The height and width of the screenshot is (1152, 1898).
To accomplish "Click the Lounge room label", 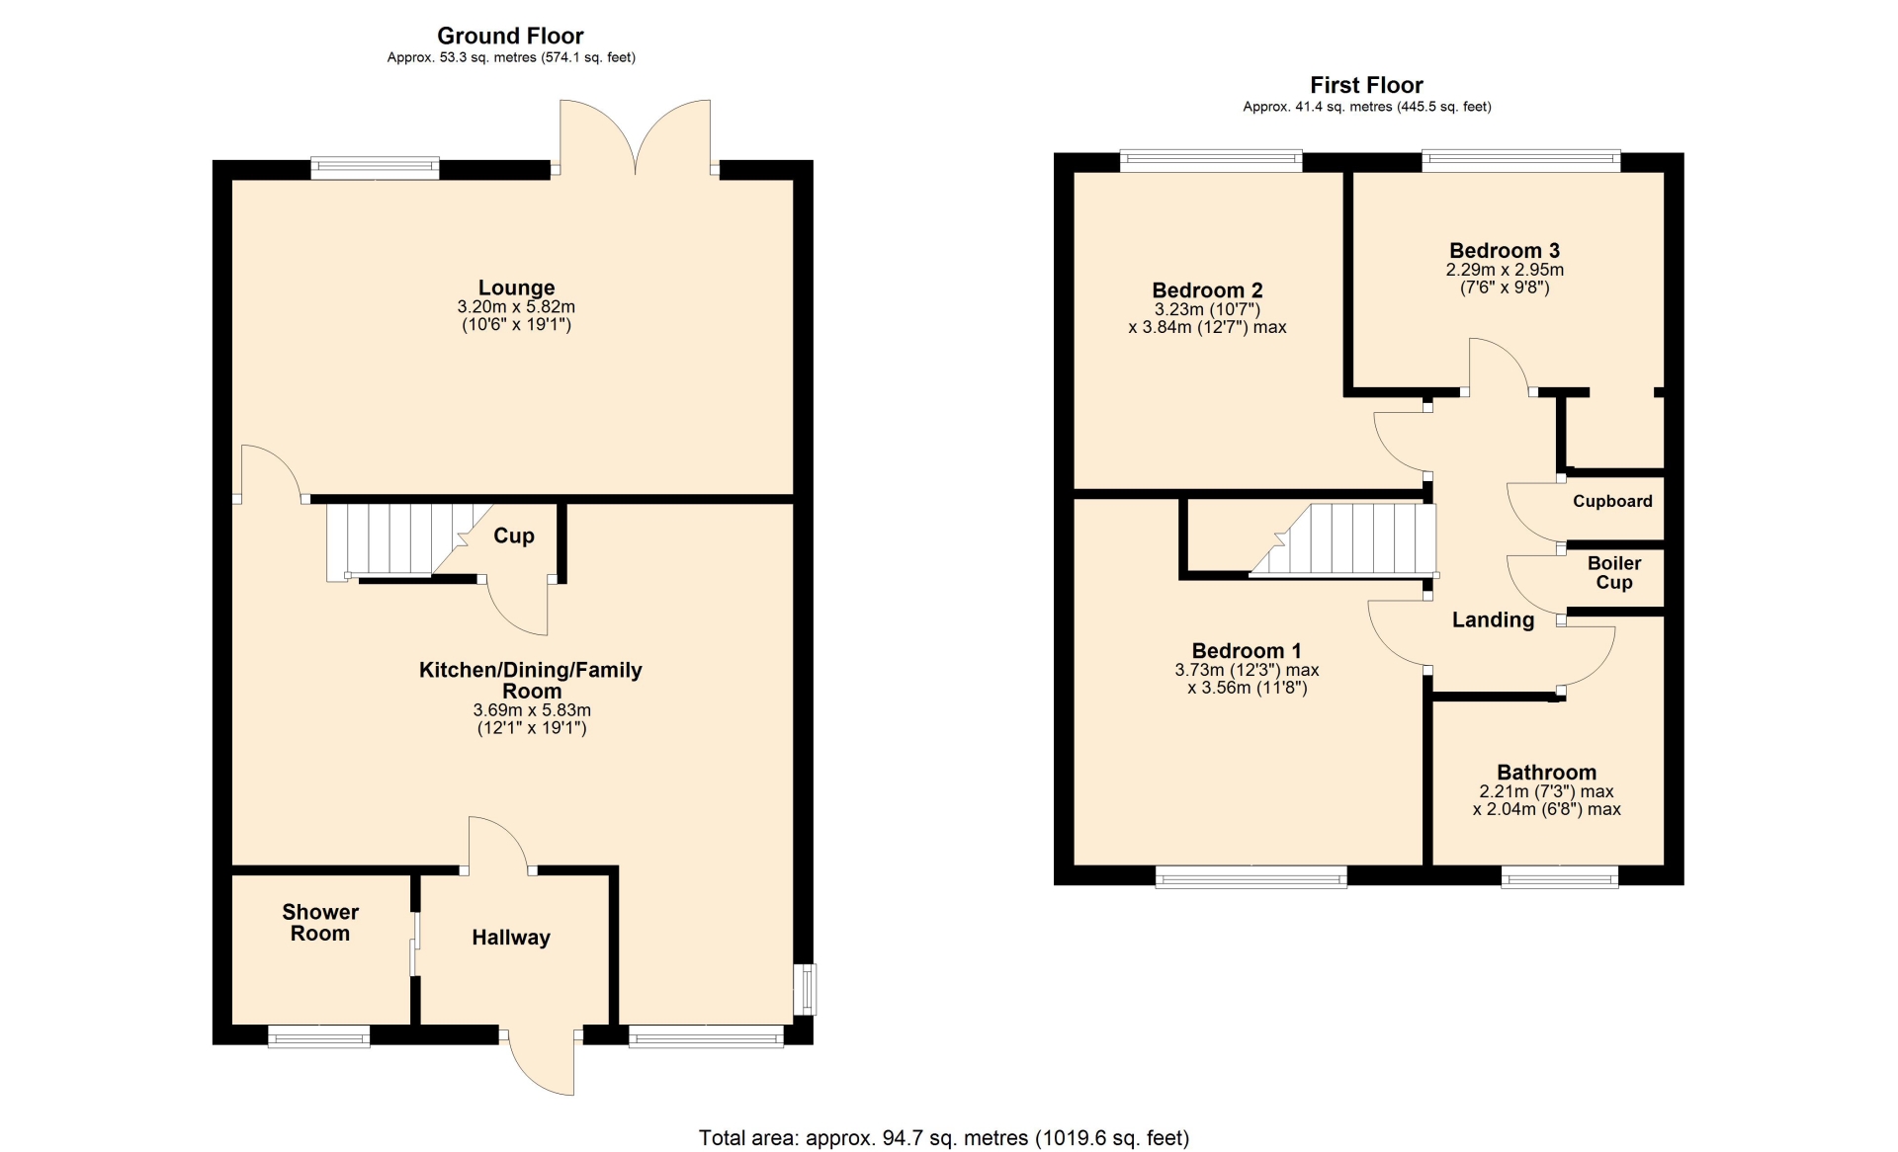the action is coord(516,288).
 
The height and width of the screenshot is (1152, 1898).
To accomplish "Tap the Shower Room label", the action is coord(320,923).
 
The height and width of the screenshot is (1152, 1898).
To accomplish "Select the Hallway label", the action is coord(511,938).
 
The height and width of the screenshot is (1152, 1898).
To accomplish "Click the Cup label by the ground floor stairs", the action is coord(514,535).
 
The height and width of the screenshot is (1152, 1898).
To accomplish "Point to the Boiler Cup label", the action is coord(1614,573).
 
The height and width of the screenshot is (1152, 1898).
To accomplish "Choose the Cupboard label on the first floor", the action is coord(1612,501).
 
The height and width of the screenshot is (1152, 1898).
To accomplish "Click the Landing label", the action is coord(1493,619).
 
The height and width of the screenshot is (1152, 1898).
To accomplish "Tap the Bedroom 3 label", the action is coord(1505,250).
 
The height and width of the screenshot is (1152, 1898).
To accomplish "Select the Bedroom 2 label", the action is coord(1207,290).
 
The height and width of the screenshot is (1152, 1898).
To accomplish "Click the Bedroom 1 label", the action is coord(1247,651).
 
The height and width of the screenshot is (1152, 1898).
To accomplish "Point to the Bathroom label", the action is coord(1546,773).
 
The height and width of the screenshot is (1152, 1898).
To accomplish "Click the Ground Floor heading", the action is coord(510,36).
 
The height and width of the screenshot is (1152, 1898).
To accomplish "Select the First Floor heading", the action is coord(1366,85).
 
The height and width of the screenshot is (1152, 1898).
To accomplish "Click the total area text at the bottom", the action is coord(944,1138).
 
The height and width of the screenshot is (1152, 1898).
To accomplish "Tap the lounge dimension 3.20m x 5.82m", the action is coord(516,307).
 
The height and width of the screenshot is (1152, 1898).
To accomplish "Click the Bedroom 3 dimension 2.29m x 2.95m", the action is coord(1505,270).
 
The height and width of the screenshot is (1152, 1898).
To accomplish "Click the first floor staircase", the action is coord(1343,539).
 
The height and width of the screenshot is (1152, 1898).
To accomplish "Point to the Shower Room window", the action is coord(318,1035).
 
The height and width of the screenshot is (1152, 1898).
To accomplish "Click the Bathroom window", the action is coord(1560,876).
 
